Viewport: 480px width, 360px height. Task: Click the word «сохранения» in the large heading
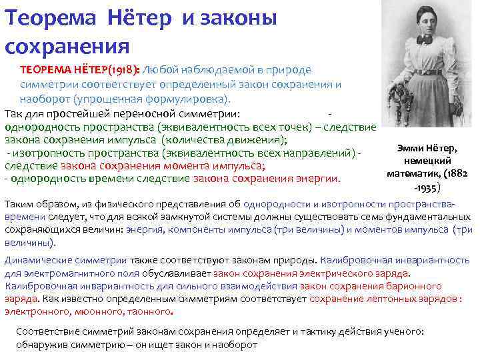tap(67, 47)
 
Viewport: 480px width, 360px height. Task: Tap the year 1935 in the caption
tap(427, 186)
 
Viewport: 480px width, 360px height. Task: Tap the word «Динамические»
tap(37, 261)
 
